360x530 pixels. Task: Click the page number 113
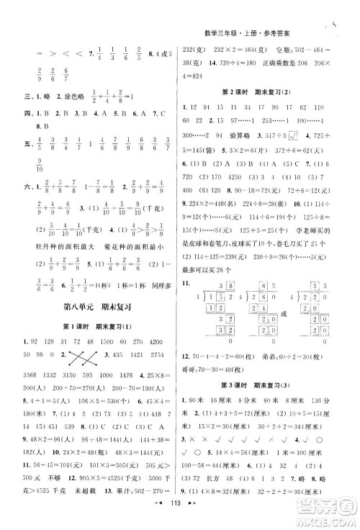tap(180, 518)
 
